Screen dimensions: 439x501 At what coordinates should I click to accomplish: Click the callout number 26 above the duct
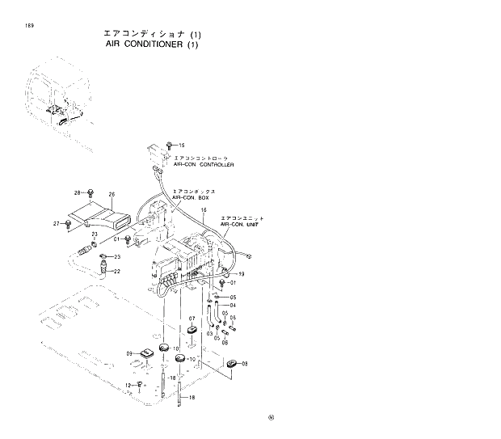pyautogui.click(x=112, y=195)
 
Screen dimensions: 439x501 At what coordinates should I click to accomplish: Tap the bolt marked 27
pyautogui.click(x=66, y=223)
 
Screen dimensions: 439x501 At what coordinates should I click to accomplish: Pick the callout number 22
pyautogui.click(x=116, y=271)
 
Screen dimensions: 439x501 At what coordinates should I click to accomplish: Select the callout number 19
pyautogui.click(x=241, y=275)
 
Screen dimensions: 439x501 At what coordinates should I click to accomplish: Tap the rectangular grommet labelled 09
pyautogui.click(x=146, y=353)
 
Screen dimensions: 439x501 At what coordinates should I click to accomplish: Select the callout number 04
pyautogui.click(x=233, y=306)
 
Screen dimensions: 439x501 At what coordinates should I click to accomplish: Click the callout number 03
pyautogui.click(x=209, y=333)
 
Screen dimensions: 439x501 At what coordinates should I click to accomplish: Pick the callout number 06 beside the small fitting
pyautogui.click(x=225, y=342)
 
